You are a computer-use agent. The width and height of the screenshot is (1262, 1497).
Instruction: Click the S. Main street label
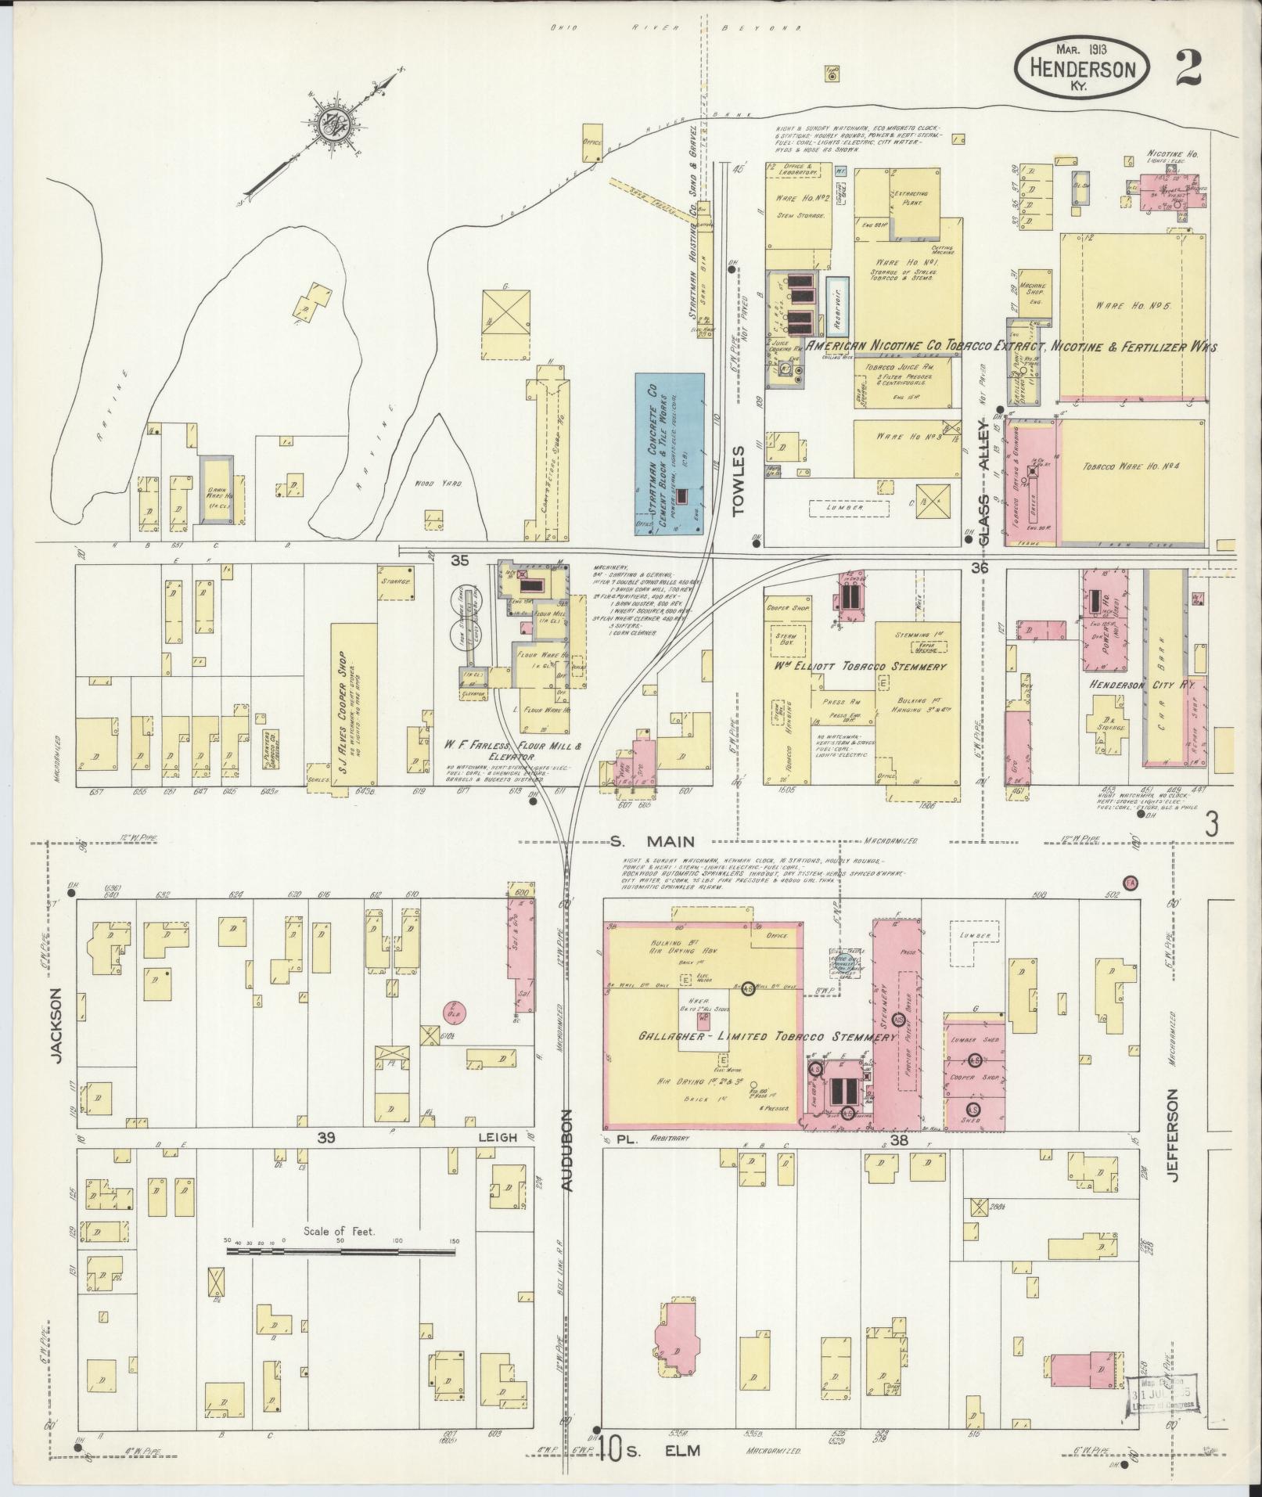[x=653, y=841]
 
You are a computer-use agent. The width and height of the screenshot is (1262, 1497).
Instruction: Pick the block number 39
[x=326, y=1138]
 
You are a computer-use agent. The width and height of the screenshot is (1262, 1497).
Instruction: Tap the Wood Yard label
[x=439, y=484]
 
